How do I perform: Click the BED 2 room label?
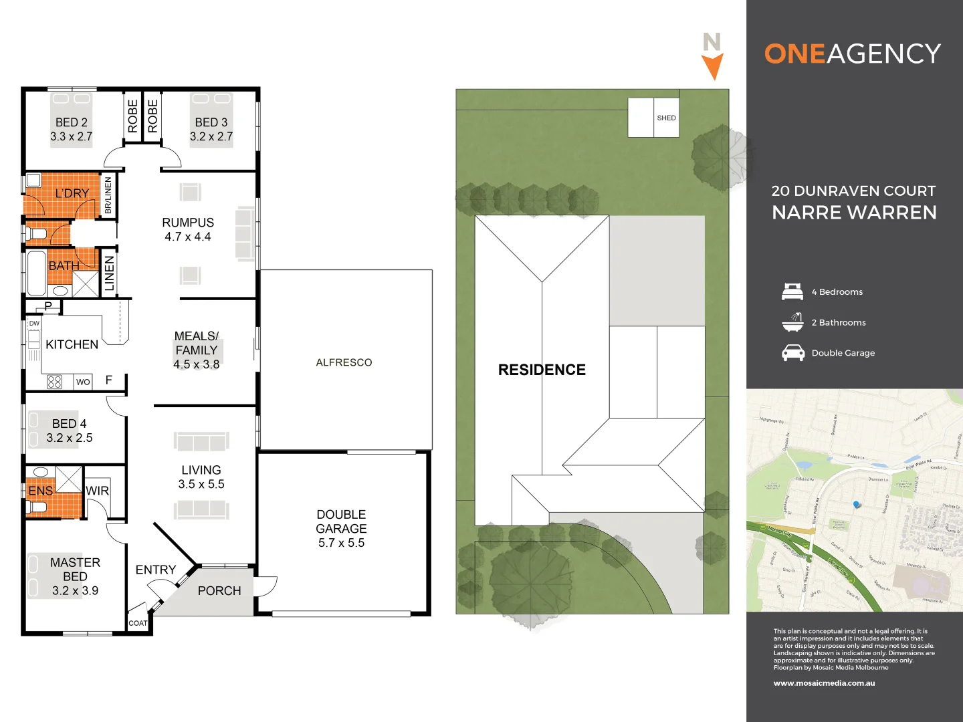click(x=71, y=122)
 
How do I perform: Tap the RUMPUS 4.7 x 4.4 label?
click(x=188, y=229)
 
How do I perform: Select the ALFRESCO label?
click(x=344, y=362)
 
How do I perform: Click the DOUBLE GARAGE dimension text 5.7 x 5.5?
click(x=341, y=543)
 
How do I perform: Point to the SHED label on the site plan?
click(x=666, y=118)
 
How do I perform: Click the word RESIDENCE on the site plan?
click(x=542, y=370)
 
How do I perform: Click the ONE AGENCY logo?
click(x=853, y=53)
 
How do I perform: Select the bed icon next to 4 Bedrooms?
click(x=792, y=291)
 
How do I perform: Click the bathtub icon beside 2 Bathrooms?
click(x=792, y=322)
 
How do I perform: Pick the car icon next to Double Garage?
click(x=793, y=353)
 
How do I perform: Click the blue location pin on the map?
click(x=857, y=505)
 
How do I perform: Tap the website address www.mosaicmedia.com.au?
click(x=824, y=683)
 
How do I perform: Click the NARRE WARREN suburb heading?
click(x=854, y=213)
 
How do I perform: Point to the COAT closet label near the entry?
click(x=138, y=623)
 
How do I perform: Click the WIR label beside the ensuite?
click(x=97, y=491)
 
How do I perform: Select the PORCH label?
click(x=219, y=591)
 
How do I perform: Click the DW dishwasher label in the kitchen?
click(x=34, y=324)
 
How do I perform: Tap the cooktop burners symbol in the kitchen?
click(x=55, y=382)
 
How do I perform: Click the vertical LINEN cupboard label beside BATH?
click(x=110, y=273)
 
